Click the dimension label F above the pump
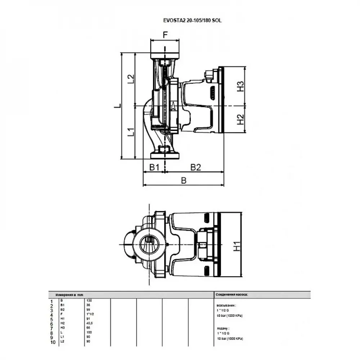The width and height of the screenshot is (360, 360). pos(165,35)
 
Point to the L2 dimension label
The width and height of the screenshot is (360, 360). pos(131,79)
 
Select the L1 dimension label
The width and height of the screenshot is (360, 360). pos(131,132)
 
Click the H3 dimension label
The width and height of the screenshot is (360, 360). pos(240,86)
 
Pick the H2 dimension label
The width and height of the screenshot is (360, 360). pos(240,120)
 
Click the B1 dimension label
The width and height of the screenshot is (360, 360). pos(154,167)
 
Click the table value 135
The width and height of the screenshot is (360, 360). pos(89,300)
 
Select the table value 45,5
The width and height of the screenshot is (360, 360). pos(90,323)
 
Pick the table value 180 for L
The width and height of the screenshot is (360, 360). pos(89,332)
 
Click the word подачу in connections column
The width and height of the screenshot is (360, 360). pos(224,329)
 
